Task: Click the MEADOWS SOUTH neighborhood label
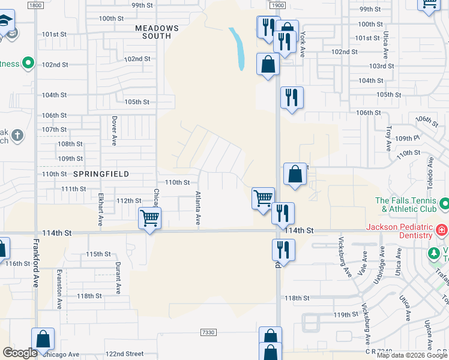[157, 32]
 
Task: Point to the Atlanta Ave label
[197, 208]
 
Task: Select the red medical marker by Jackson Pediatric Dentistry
[441, 229]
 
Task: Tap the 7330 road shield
[207, 332]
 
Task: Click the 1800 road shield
[35, 5]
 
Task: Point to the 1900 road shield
[277, 5]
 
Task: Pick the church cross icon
[17, 134]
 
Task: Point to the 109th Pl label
[408, 138]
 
